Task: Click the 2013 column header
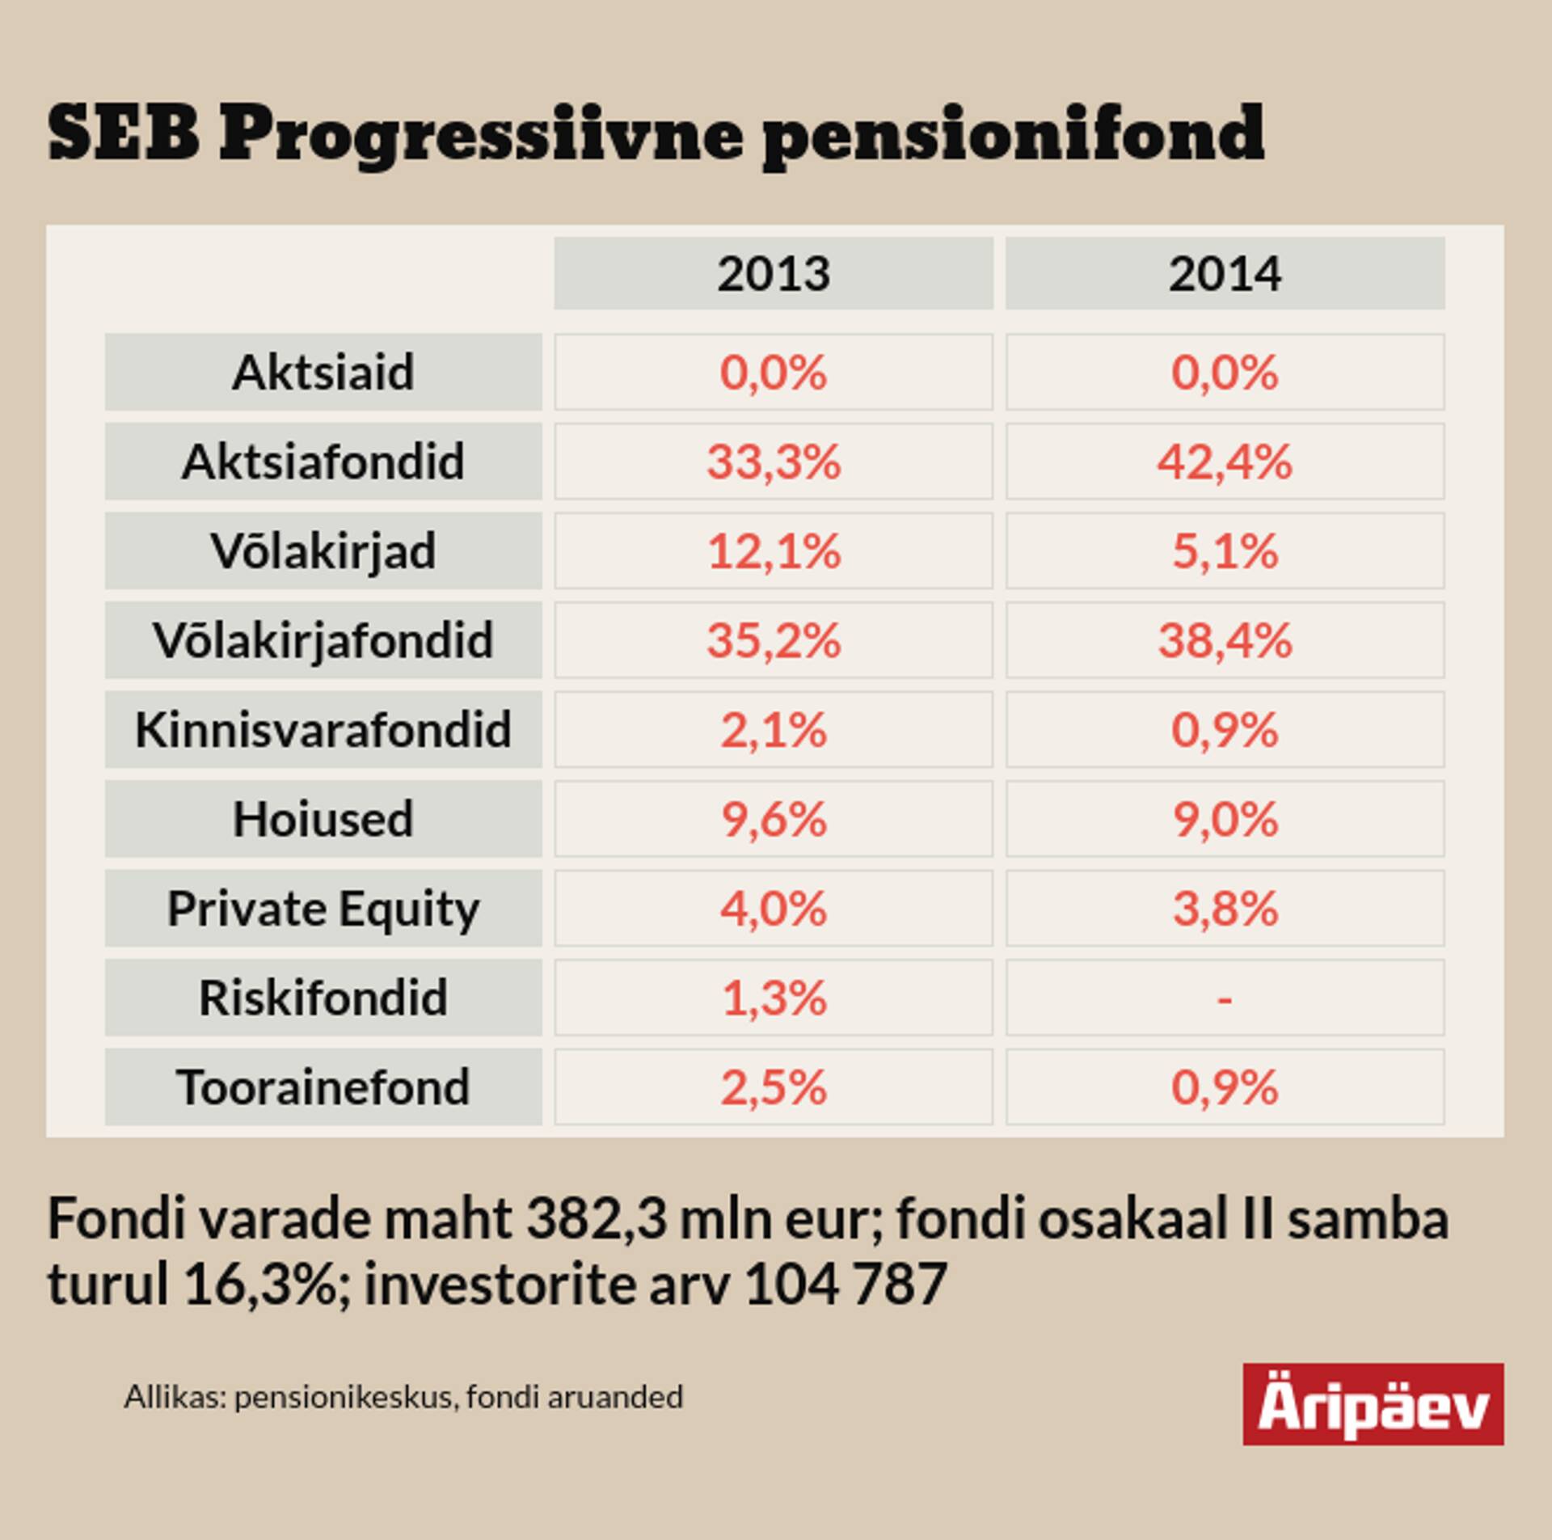click(774, 274)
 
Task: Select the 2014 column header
click(1225, 274)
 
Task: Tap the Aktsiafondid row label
click(323, 462)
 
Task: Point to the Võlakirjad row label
click(323, 551)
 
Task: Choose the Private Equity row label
click(323, 909)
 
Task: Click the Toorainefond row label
click(323, 1087)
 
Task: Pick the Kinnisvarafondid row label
click(323, 730)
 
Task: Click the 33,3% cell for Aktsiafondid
click(774, 462)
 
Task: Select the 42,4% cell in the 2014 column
click(1225, 462)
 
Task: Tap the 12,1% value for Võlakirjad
click(774, 551)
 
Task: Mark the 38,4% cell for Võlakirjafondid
click(1225, 640)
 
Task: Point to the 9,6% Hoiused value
click(774, 820)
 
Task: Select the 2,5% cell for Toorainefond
click(774, 1087)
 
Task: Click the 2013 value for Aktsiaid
click(774, 373)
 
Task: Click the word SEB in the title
click(124, 134)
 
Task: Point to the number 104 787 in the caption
click(845, 1284)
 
